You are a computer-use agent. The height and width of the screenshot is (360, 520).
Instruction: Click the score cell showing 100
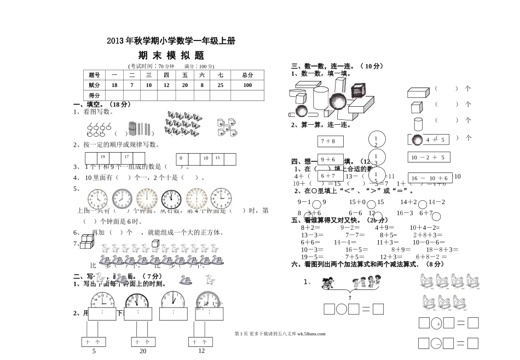tap(247, 85)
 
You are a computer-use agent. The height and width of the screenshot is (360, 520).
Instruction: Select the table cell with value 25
tap(220, 85)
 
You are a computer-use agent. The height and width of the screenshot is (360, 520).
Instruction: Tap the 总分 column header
tap(247, 75)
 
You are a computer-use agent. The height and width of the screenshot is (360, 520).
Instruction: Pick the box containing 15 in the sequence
tap(217, 158)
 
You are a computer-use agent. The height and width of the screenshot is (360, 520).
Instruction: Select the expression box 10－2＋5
tap(428, 158)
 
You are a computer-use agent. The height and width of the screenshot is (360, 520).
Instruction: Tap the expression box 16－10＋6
tap(430, 178)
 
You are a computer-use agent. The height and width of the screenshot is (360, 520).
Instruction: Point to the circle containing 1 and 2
tap(376, 141)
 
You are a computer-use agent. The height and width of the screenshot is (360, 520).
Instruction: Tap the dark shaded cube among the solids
tap(359, 91)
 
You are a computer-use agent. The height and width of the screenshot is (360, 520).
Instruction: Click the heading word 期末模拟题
tap(171, 55)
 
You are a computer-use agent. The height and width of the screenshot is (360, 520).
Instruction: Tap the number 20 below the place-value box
tap(143, 351)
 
